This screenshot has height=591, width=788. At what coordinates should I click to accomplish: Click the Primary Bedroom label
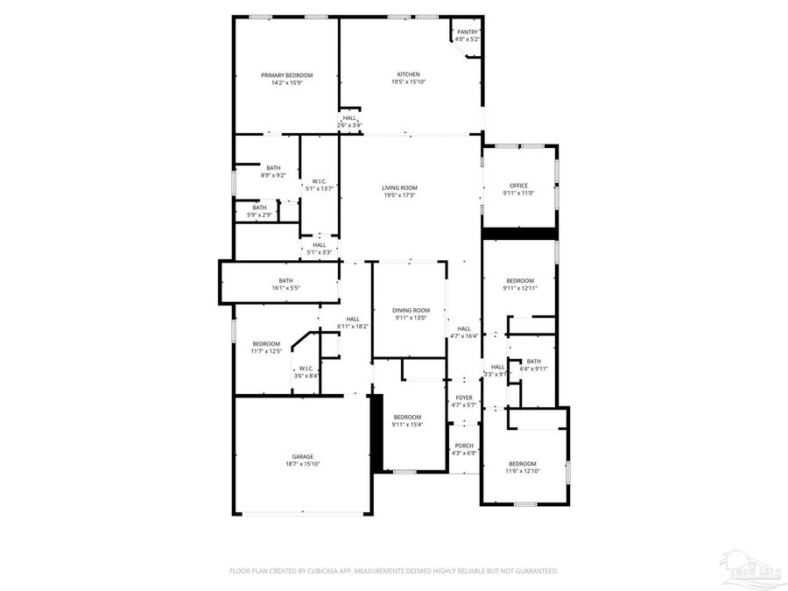pos(286,75)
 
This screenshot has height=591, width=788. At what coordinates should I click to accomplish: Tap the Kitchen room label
pos(409,74)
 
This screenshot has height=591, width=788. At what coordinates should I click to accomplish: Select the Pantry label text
pos(468,32)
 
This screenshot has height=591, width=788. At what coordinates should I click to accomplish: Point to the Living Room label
pos(399,187)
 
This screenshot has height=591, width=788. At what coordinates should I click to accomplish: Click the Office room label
pos(518,186)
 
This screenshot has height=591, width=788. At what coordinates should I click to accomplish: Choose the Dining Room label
pos(411,310)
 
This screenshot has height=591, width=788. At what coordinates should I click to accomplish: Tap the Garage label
pos(303,456)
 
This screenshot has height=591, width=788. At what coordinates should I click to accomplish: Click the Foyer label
pos(464,398)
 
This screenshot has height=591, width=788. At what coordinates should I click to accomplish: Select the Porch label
pos(464,446)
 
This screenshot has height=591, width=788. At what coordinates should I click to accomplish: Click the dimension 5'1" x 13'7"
pos(320,188)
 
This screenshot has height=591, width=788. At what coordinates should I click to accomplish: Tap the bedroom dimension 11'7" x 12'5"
pos(266,350)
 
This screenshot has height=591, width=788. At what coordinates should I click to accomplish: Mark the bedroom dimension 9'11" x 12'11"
pos(519,287)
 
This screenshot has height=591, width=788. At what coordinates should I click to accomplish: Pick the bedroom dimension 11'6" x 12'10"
pos(523,471)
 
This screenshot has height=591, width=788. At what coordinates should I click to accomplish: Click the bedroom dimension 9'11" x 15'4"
pos(407,425)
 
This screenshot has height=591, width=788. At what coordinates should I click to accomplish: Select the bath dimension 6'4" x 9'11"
pos(533,369)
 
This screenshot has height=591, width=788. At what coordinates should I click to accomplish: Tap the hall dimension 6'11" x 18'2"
pos(353,326)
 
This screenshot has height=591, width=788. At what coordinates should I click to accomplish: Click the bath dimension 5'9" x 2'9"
pos(260,215)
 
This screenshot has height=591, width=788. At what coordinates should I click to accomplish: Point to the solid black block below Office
pos(520,233)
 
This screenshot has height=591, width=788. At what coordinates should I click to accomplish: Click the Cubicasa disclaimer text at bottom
pos(394,571)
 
